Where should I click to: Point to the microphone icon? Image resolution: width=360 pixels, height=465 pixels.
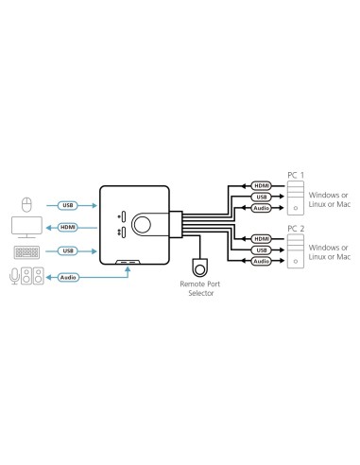tap(13, 278)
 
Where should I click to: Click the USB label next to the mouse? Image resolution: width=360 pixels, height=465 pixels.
tap(68, 204)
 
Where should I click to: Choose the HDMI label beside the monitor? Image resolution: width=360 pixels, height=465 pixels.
tap(68, 228)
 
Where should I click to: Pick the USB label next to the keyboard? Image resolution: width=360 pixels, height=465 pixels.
tap(68, 251)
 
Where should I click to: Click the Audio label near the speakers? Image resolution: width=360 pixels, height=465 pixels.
tap(68, 278)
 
